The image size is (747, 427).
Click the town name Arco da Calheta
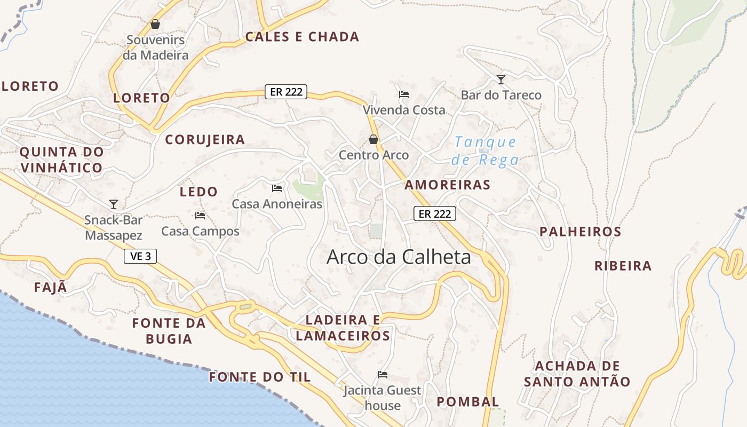pyautogui.click(x=399, y=257)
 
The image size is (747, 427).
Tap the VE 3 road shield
pyautogui.click(x=140, y=256)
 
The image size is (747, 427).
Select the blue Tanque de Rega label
pyautogui.click(x=484, y=151)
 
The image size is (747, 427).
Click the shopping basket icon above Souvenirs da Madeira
pyautogui.click(x=155, y=24)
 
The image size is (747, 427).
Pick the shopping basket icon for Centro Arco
pyautogui.click(x=373, y=139)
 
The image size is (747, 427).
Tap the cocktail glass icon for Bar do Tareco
pyautogui.click(x=500, y=80)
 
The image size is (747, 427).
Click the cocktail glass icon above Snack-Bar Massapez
pyautogui.click(x=113, y=204)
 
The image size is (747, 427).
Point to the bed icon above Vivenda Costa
pyautogui.click(x=404, y=94)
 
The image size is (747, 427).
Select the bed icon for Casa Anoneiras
pyautogui.click(x=277, y=188)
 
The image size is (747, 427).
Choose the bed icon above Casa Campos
pyautogui.click(x=200, y=216)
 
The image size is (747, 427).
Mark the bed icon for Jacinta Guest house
pyautogui.click(x=383, y=375)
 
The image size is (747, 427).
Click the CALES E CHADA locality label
pyautogui.click(x=302, y=37)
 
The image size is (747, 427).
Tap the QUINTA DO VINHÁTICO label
pyautogui.click(x=61, y=160)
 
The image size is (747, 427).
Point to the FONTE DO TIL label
pyautogui.click(x=260, y=377)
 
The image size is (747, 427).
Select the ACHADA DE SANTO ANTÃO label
pyautogui.click(x=577, y=374)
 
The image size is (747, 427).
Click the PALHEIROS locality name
pyautogui.click(x=580, y=232)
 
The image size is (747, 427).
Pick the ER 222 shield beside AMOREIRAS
pyautogui.click(x=435, y=214)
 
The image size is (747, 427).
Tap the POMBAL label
pyautogui.click(x=468, y=401)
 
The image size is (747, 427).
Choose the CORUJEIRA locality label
pyautogui.click(x=205, y=140)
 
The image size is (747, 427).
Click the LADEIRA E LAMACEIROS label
pyautogui.click(x=343, y=328)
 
